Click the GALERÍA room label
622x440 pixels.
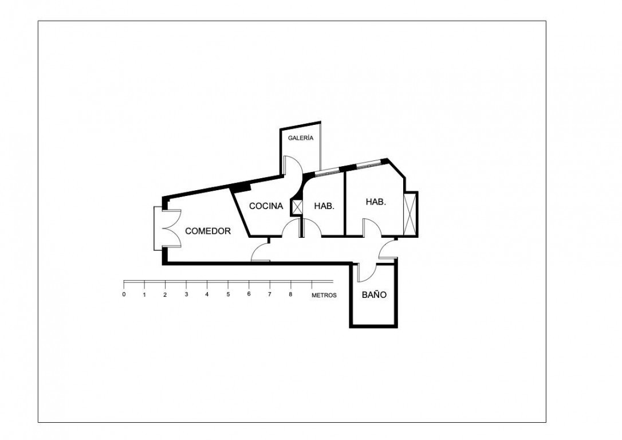click(x=300, y=138)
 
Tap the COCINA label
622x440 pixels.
click(x=266, y=206)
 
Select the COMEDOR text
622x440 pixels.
click(x=208, y=231)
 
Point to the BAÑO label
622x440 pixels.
click(x=374, y=295)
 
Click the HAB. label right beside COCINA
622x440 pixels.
click(x=324, y=206)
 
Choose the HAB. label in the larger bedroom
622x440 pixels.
click(x=376, y=202)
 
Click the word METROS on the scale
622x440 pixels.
click(x=324, y=295)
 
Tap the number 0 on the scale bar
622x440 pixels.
click(x=124, y=294)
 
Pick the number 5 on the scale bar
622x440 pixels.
click(x=228, y=294)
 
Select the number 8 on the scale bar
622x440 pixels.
click(x=290, y=294)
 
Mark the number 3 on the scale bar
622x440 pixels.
click(x=186, y=294)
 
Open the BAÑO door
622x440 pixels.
click(x=367, y=273)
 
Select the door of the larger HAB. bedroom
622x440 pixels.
click(x=372, y=227)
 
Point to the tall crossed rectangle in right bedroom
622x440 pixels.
click(x=411, y=213)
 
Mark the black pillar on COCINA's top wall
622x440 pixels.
click(x=241, y=187)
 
